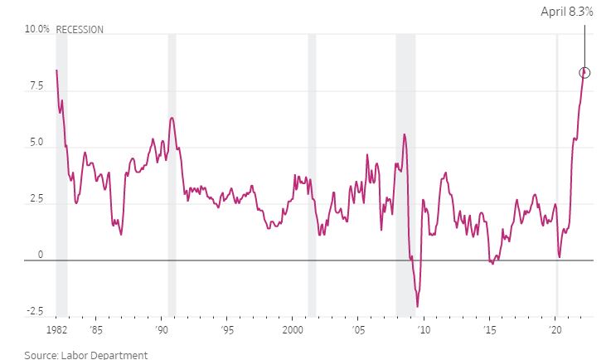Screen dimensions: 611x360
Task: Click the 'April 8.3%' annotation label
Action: coord(566,12)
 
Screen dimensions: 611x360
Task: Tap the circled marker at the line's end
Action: coord(584,72)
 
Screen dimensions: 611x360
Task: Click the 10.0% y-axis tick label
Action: coord(37,29)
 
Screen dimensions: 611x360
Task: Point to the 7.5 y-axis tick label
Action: coord(36,85)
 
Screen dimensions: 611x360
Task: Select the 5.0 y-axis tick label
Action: coord(36,143)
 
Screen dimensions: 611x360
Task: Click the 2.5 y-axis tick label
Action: coord(36,198)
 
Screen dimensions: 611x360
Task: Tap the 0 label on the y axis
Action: coord(41,255)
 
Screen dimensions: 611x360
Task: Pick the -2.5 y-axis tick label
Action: coord(35,311)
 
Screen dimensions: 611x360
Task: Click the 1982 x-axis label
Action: coord(57,330)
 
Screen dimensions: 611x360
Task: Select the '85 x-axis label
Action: coord(96,330)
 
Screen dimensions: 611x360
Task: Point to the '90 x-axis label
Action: coord(162,330)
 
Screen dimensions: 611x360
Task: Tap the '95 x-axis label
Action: coord(227,330)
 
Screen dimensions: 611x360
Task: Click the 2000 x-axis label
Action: coord(293,330)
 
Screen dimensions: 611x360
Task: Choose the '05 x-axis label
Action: coord(358,330)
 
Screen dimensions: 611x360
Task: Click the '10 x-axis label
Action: coord(424,330)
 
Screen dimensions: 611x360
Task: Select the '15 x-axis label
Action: coord(490,330)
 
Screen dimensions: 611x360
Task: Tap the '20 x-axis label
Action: coord(555,330)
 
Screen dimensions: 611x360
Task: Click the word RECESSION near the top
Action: coord(80,30)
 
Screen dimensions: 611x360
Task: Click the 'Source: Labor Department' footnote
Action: coord(86,355)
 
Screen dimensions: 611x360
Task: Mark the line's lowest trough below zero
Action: coord(417,307)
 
